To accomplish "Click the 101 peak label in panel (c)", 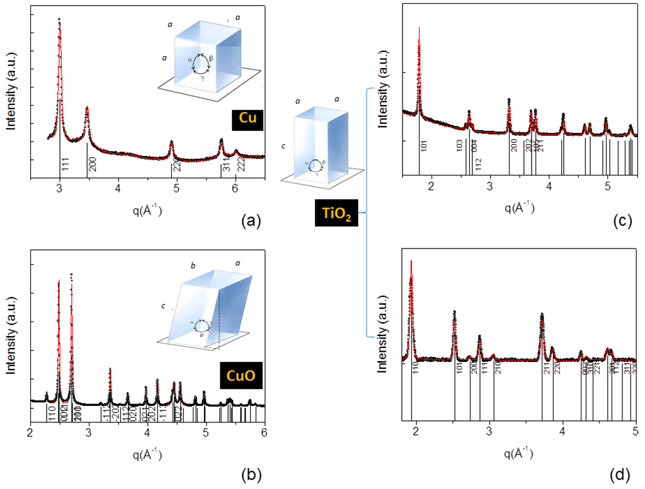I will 425,146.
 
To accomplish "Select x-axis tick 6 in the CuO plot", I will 265,431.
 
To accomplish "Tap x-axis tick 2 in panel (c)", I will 431,186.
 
